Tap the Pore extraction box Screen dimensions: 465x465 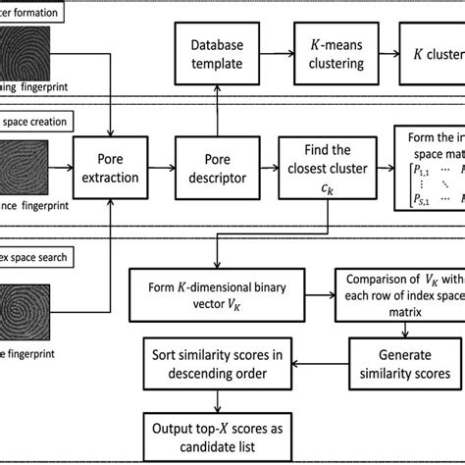pos(117,166)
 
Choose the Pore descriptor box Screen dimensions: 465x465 pos(218,166)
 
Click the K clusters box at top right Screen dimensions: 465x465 pos(433,55)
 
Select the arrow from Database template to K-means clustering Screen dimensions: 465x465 pos(280,55)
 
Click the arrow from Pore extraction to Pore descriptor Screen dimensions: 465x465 pos(164,166)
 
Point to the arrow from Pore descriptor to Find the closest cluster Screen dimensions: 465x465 pos(267,166)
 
